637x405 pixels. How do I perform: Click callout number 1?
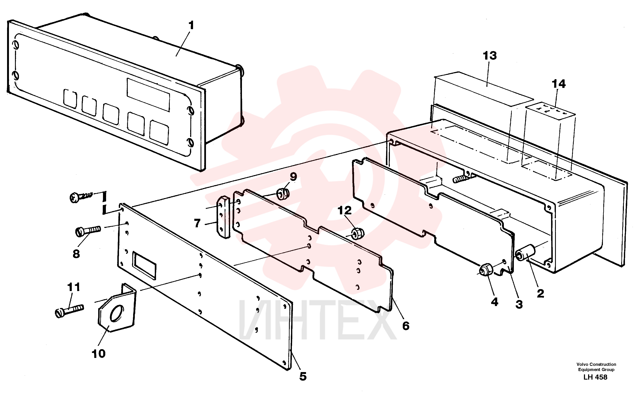click(x=191, y=26)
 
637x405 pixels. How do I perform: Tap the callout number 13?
click(x=490, y=56)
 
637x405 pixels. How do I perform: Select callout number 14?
click(x=558, y=84)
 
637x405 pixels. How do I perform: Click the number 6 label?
click(x=406, y=326)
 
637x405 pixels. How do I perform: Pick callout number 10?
click(x=98, y=354)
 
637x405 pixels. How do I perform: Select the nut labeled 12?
click(x=358, y=233)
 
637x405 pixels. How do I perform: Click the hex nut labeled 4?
click(x=486, y=270)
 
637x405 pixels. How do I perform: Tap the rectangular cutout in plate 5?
click(x=144, y=265)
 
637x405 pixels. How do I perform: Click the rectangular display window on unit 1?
click(x=148, y=95)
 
